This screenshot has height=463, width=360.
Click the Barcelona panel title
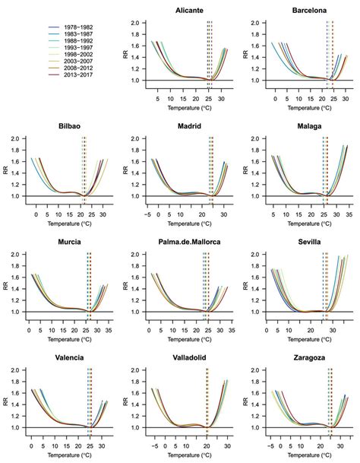[x=303, y=10]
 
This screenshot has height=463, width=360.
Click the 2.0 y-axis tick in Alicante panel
[x=134, y=23]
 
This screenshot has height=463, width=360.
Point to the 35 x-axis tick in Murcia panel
[x=106, y=331]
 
